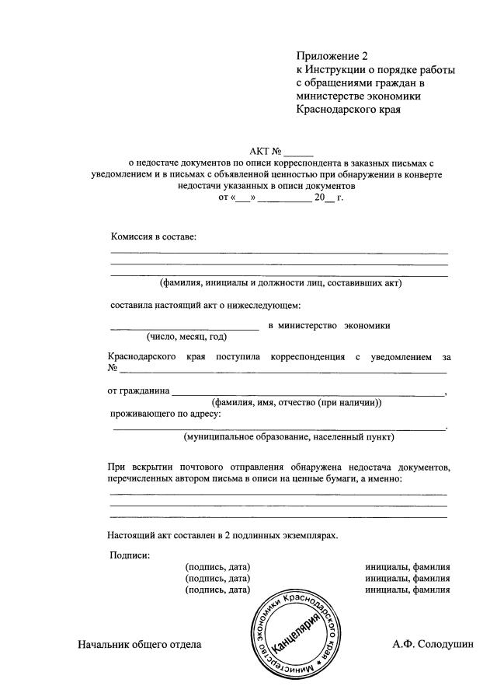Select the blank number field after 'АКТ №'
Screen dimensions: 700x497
pos(299,152)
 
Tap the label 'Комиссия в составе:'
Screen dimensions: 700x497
pos(154,236)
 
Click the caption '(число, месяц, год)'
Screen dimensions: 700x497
pos(186,337)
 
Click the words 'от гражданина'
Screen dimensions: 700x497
pos(138,390)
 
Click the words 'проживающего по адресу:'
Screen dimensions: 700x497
pos(166,414)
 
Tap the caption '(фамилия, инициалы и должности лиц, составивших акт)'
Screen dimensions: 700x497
pos(280,283)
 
